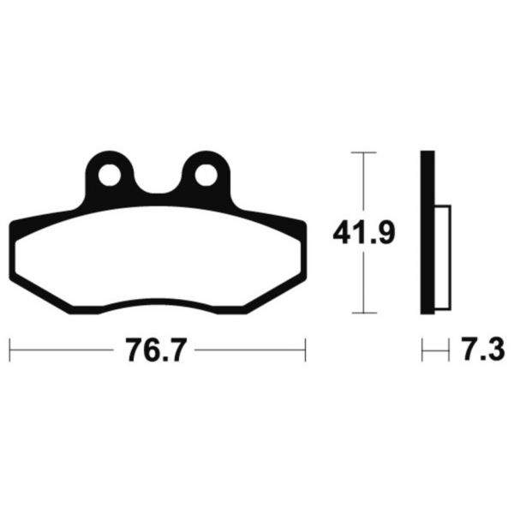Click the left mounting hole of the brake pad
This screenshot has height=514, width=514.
(110, 175)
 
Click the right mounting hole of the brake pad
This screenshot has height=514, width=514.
(206, 175)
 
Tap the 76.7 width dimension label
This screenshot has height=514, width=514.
(157, 350)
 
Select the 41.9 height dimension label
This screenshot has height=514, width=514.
(364, 232)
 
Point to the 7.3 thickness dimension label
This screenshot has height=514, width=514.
(483, 350)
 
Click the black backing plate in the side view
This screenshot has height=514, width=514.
(427, 232)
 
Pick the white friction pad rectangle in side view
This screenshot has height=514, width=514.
(443, 258)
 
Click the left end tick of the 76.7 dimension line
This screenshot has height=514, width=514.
(9, 350)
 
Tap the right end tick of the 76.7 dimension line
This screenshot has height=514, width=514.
(305, 350)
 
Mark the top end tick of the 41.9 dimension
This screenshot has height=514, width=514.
(363, 152)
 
